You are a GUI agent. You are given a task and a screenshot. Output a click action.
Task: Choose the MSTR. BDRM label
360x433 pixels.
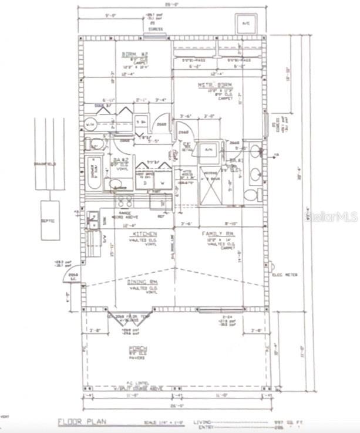(210, 85)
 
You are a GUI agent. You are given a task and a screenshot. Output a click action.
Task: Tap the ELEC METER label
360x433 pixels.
(282, 273)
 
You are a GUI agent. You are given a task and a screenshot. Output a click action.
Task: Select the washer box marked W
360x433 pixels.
(162, 182)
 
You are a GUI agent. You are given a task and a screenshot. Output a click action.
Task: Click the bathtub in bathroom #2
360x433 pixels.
(94, 173)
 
